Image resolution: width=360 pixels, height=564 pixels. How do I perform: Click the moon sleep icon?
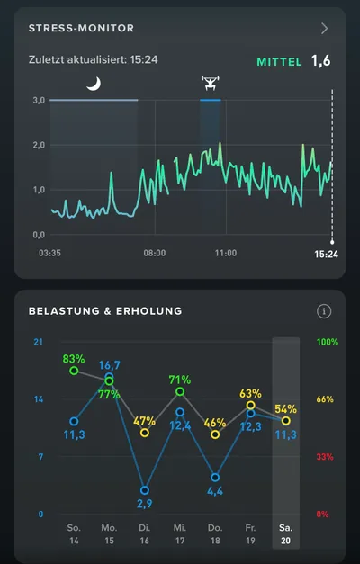click(x=94, y=85)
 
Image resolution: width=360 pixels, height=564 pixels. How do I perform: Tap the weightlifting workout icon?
click(x=211, y=84)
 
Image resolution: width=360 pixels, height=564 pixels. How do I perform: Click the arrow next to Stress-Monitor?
click(x=324, y=28)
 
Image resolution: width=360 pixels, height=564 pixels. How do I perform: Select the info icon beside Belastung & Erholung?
click(x=324, y=311)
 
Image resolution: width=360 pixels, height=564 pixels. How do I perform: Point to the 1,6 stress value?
click(x=320, y=61)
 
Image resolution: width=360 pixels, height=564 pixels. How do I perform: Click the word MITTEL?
click(x=279, y=62)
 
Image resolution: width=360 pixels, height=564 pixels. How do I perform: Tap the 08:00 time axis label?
click(x=155, y=253)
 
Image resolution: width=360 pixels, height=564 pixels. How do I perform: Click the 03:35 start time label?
click(x=49, y=253)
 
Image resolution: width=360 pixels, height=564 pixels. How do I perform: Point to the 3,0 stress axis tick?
click(x=39, y=101)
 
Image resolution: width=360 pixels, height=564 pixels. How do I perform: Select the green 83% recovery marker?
click(x=74, y=371)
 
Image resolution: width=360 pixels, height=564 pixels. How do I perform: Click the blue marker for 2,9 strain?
click(x=144, y=490)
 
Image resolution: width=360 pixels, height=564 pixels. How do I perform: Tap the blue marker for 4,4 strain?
click(x=215, y=478)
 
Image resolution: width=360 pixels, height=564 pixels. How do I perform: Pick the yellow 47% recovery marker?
click(x=144, y=433)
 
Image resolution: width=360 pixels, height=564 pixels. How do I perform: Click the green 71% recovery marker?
click(x=180, y=391)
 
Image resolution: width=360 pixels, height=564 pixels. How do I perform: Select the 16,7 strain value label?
click(x=110, y=365)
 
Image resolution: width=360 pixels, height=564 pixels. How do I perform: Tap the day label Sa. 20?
click(x=285, y=534)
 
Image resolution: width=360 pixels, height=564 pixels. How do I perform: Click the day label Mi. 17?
click(x=180, y=534)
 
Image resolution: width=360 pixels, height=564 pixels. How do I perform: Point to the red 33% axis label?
click(x=325, y=457)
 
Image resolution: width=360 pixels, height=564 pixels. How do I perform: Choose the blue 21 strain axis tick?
click(x=38, y=342)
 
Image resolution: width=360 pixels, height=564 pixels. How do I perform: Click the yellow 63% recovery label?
click(x=250, y=393)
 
